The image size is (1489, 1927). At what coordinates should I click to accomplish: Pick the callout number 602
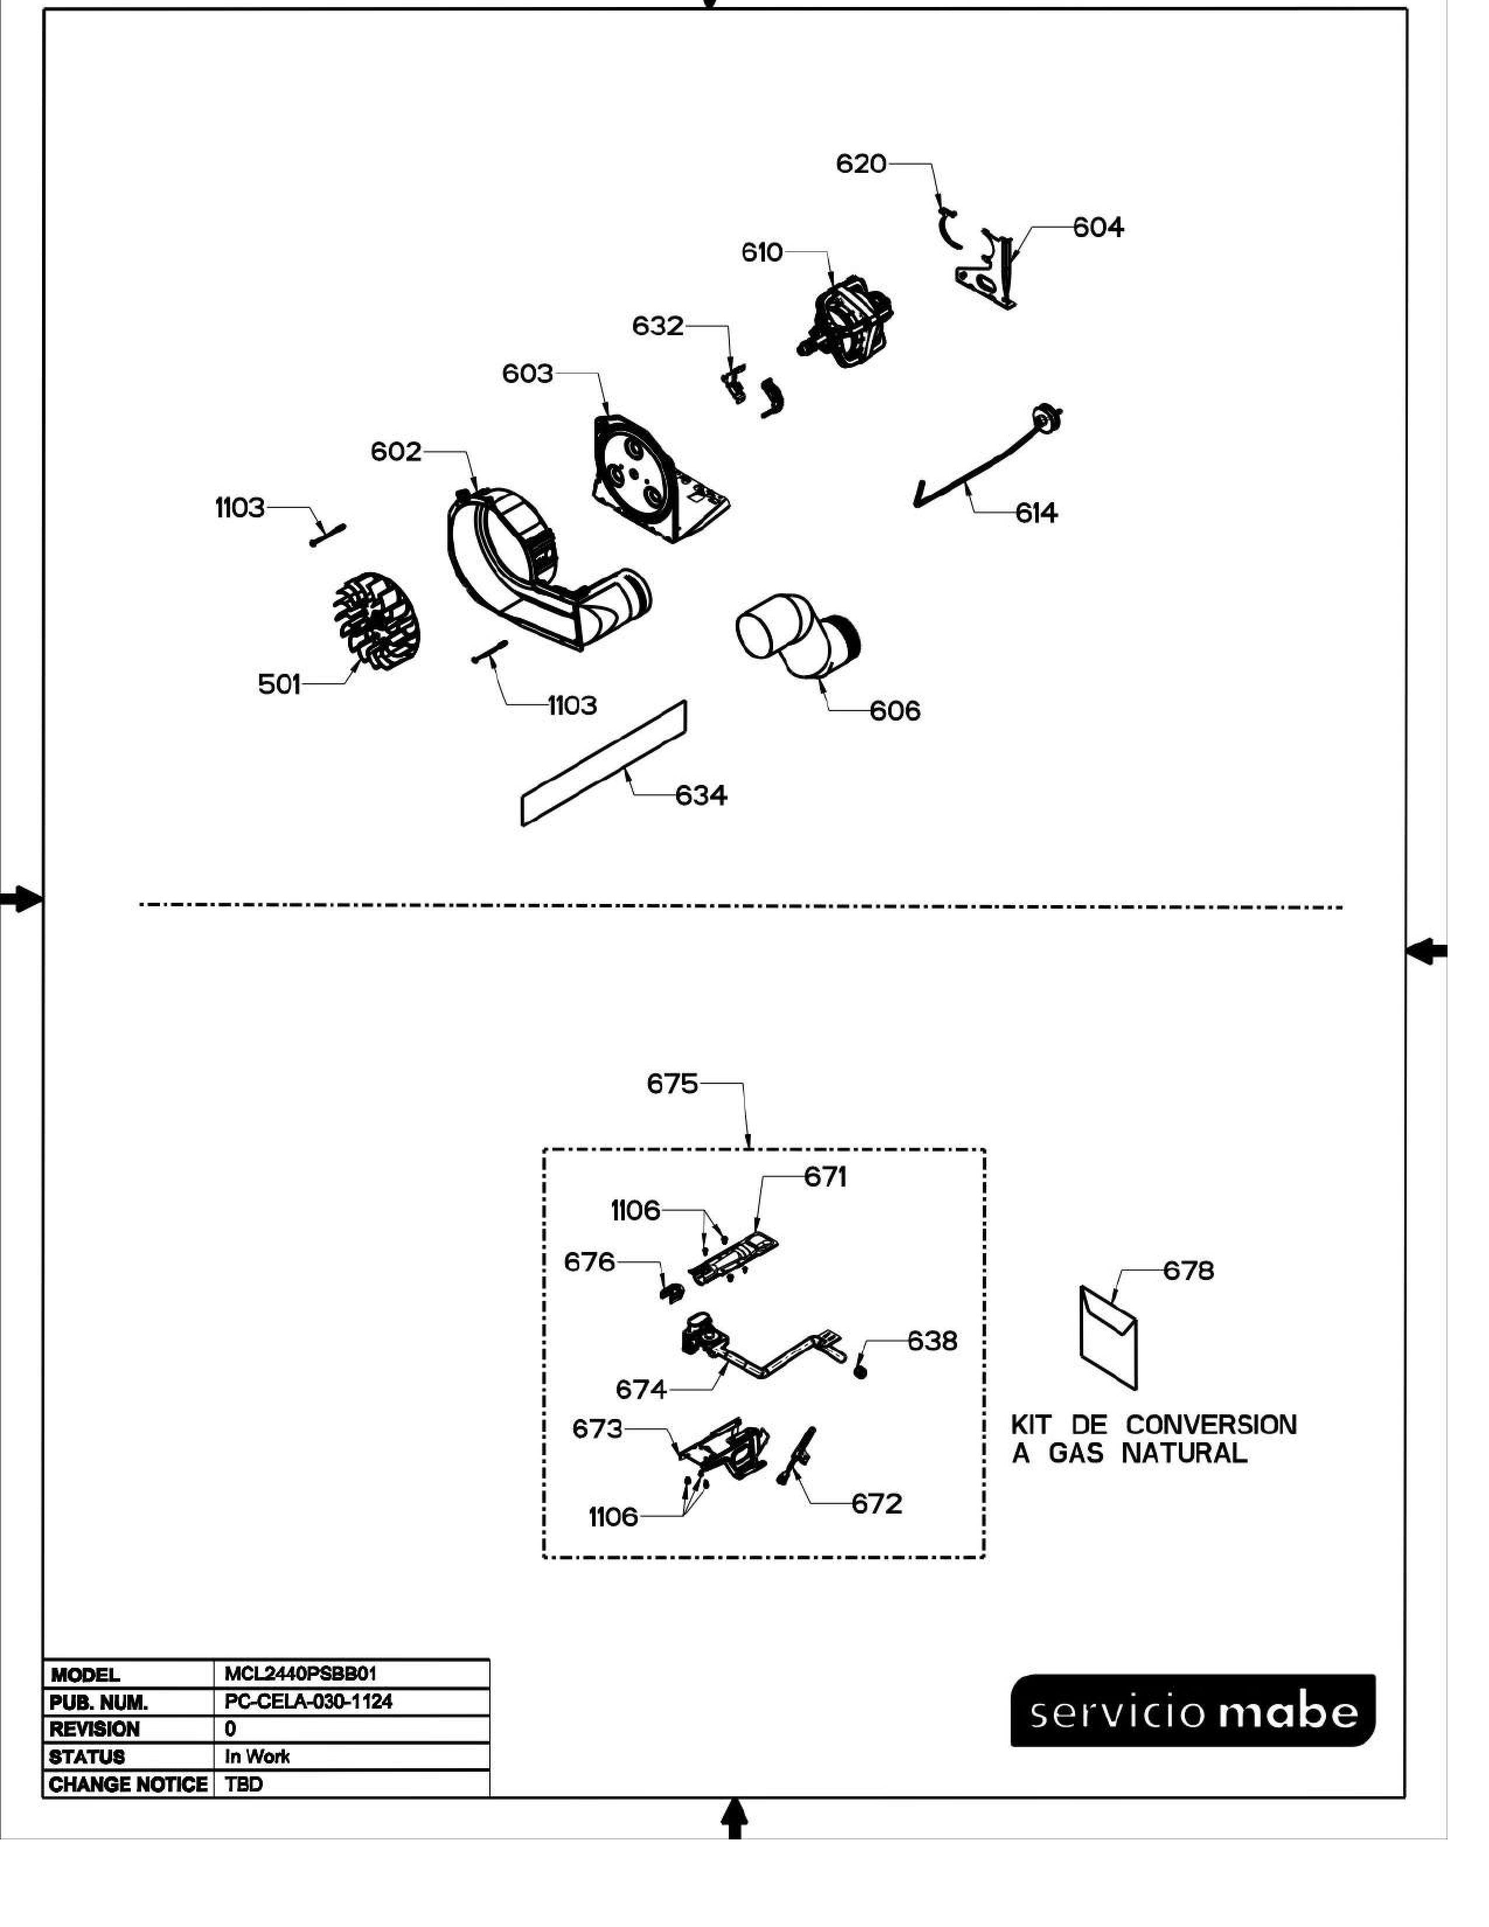click(x=396, y=452)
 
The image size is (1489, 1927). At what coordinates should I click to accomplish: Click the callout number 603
click(x=527, y=374)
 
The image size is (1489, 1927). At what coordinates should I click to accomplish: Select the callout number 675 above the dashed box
click(x=672, y=1083)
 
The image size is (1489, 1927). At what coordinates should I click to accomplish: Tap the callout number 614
click(x=1036, y=513)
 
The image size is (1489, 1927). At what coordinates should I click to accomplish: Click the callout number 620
click(x=861, y=164)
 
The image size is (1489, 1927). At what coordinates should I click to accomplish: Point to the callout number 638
click(x=933, y=1341)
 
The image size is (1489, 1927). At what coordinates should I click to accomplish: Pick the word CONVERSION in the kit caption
click(x=1211, y=1425)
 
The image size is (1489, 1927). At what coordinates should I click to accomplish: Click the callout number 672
click(x=877, y=1504)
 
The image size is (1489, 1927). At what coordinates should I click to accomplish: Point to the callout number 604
click(x=1098, y=228)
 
